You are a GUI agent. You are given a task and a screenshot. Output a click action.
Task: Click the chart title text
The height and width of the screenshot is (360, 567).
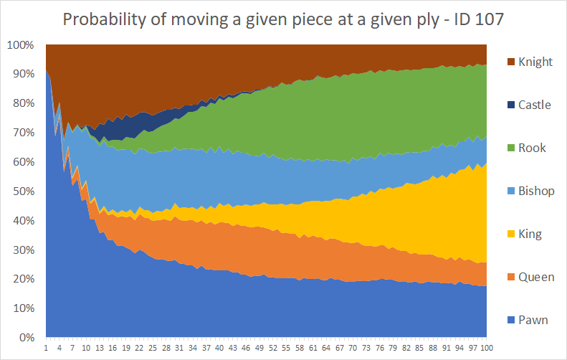pyautogui.click(x=283, y=19)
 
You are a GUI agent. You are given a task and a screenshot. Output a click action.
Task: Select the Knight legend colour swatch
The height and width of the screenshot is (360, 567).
pyautogui.click(x=511, y=62)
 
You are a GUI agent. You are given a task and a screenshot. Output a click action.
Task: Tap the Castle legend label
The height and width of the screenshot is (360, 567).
pyautogui.click(x=535, y=105)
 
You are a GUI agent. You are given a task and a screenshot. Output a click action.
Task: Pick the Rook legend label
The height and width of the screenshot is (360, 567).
pyautogui.click(x=532, y=148)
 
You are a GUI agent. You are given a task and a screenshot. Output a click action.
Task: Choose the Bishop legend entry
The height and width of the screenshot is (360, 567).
pyautogui.click(x=531, y=191)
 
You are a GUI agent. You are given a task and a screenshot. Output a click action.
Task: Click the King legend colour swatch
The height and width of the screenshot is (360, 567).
pyautogui.click(x=511, y=234)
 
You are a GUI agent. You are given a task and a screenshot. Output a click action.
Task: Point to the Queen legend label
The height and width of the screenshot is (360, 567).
pyautogui.click(x=536, y=277)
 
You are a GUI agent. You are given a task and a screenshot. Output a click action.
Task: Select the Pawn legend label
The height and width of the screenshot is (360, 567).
pyautogui.click(x=533, y=321)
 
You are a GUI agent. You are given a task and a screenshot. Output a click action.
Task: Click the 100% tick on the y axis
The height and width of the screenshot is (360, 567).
pyautogui.click(x=21, y=45)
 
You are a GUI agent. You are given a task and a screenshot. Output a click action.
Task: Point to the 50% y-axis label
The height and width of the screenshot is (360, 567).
pyautogui.click(x=24, y=191)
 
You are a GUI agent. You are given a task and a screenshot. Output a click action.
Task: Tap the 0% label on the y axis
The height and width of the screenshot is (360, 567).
pyautogui.click(x=27, y=338)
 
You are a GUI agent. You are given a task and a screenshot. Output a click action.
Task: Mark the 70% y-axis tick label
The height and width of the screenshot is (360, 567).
pyautogui.click(x=24, y=133)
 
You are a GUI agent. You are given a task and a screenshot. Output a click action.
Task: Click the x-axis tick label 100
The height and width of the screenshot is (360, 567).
pyautogui.click(x=487, y=348)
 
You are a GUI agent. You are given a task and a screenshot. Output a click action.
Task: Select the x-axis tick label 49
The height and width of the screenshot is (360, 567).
pyautogui.click(x=259, y=348)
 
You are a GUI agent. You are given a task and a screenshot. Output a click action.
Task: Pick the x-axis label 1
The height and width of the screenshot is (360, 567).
pyautogui.click(x=46, y=348)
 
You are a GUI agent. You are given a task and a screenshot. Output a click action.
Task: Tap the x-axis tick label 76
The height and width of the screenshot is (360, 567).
pyautogui.click(x=380, y=348)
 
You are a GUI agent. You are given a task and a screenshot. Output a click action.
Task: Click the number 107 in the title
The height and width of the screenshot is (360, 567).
pyautogui.click(x=489, y=19)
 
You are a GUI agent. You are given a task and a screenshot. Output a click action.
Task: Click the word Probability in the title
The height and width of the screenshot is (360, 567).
pyautogui.click(x=104, y=20)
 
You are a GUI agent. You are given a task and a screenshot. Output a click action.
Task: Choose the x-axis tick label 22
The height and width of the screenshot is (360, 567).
pyautogui.click(x=139, y=348)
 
